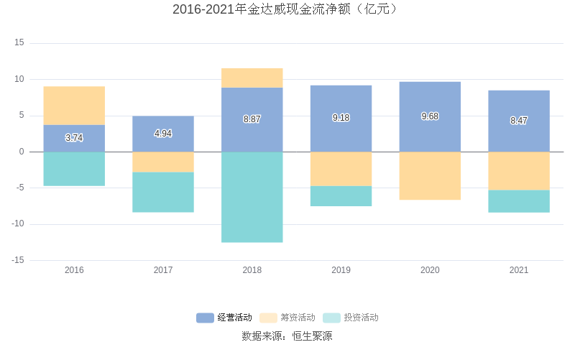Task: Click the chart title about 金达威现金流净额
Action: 287,9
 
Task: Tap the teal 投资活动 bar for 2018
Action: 252,197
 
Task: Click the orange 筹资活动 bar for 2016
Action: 74,106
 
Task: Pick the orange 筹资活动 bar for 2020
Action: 430,175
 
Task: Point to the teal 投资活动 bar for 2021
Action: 519,201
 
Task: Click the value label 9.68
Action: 430,116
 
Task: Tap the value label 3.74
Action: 74,137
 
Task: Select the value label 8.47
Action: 519,121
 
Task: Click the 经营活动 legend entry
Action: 224,318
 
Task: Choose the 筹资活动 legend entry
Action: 287,318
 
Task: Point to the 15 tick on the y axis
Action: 19,43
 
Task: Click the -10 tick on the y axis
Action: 17,224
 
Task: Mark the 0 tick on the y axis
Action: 22,152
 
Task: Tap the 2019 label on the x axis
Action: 341,270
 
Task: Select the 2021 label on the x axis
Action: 519,270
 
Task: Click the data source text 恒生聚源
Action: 287,336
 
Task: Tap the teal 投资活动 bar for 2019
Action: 341,196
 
